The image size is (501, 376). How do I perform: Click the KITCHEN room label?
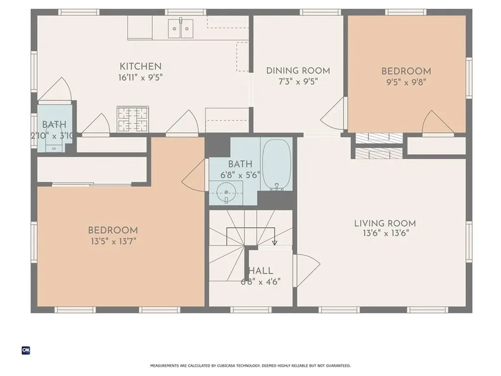[x=140, y=67]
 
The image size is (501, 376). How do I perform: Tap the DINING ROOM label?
[x=298, y=70]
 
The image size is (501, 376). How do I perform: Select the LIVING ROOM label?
[x=385, y=223]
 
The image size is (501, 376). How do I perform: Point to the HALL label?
[x=261, y=271]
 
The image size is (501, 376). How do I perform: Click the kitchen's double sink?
[x=181, y=28]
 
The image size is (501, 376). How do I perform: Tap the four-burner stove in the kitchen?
[x=133, y=119]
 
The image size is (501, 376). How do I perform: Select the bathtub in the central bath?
[x=277, y=164]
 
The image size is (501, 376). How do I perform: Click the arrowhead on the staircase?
[x=274, y=243]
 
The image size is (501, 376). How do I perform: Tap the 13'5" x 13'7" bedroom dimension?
[x=114, y=241]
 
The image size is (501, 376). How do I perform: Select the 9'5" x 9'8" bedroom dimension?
[x=406, y=82]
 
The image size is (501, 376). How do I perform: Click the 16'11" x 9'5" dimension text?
[x=140, y=77]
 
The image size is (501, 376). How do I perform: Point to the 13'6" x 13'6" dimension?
[x=386, y=233]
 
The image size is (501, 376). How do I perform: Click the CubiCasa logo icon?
[x=26, y=351]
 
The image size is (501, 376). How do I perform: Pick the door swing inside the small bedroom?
[x=437, y=123]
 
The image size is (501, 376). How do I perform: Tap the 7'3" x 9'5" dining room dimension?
[x=298, y=82]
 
